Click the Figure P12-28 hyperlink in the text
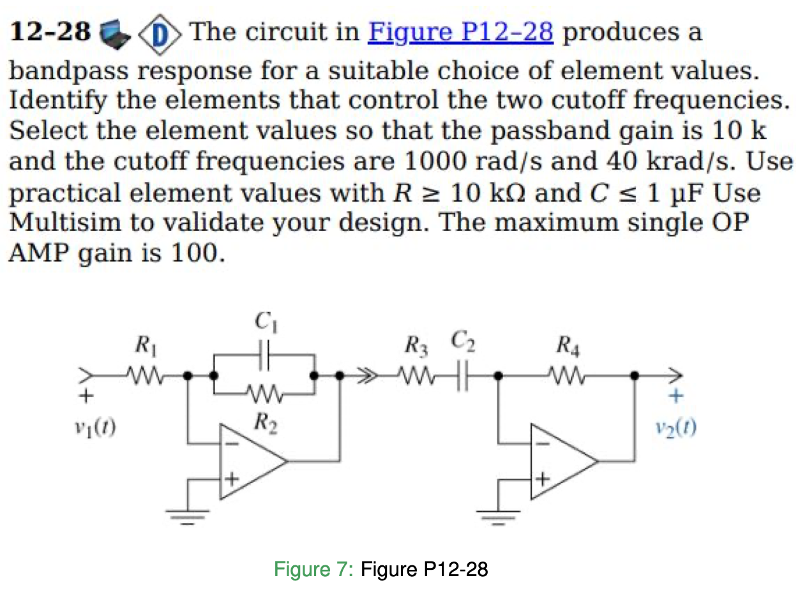460,32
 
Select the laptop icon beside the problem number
115,33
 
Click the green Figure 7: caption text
313,569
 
